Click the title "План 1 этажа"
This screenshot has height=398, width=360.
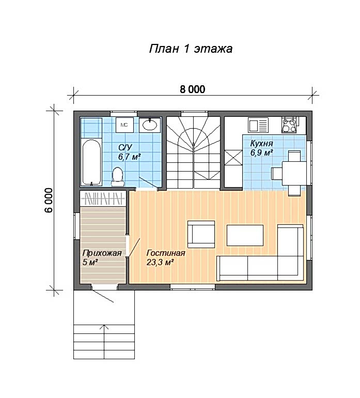pos(191,49)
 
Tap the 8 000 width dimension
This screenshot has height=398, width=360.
pos(193,89)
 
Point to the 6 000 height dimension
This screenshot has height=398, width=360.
pos(49,200)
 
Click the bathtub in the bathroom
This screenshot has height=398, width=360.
pos(91,162)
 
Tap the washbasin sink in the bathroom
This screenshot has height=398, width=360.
pos(150,125)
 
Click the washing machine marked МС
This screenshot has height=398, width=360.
pos(124,125)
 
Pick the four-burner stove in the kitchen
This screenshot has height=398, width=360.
pos(289,125)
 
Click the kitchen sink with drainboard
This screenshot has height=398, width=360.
pos(258,125)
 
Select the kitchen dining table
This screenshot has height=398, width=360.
pos(294,173)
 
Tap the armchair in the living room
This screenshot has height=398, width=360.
pos(201,234)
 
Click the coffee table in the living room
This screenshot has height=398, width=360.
pos(245,235)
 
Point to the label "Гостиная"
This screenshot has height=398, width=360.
pos(166,253)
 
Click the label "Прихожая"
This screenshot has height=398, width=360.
pos(102,253)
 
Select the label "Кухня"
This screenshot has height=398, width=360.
pos(261,143)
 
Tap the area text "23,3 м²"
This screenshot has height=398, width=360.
pos(160,262)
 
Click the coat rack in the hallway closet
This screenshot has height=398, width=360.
pos(103,198)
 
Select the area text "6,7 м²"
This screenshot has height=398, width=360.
pos(130,157)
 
